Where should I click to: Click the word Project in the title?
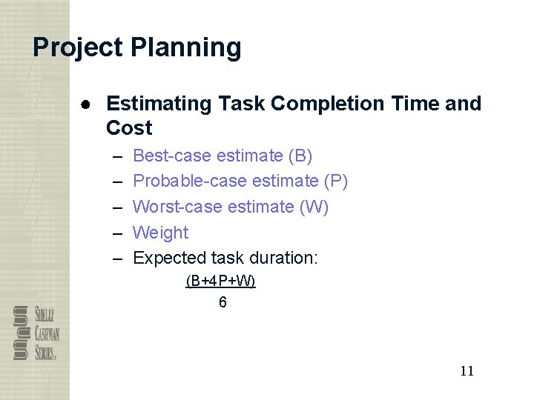coord(78,48)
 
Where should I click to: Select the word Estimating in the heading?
coord(159,104)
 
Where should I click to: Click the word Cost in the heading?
coord(129,128)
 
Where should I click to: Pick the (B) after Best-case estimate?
coord(300,156)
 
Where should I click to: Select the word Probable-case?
coord(190,181)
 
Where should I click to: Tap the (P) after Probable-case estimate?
coord(336,181)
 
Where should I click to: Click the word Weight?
coord(160,233)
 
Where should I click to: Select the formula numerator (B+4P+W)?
coord(220,281)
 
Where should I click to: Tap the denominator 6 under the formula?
coord(222,302)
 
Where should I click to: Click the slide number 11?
coord(467,371)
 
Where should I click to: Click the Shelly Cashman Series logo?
coord(36,333)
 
